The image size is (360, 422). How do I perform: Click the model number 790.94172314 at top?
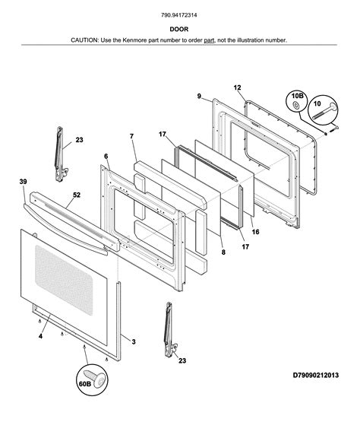pos(178,15)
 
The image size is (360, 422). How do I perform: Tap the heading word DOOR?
pos(178,29)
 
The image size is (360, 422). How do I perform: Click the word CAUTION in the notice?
pos(84,40)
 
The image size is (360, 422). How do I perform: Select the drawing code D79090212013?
pos(316,375)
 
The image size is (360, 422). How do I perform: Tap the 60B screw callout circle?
pos(92,380)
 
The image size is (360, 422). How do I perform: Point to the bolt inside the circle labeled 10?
pos(325,111)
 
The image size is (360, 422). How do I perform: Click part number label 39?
pos(23,182)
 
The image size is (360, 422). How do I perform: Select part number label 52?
pos(77,195)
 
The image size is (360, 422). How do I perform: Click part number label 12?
pos(237,87)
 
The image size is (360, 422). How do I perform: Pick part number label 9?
pos(199,96)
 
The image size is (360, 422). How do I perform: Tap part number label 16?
pos(255,232)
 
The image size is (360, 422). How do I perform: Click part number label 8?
pos(223,252)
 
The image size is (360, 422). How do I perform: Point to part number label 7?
pos(131,136)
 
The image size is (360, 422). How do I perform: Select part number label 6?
pos(106,157)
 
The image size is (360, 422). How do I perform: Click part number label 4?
pos(40,336)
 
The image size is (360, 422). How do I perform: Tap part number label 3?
pos(134,342)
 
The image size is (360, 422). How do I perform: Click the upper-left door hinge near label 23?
pos(60,154)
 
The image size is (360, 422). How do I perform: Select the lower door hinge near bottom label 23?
pos(169,330)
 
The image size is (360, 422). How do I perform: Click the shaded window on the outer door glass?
pos(64,280)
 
